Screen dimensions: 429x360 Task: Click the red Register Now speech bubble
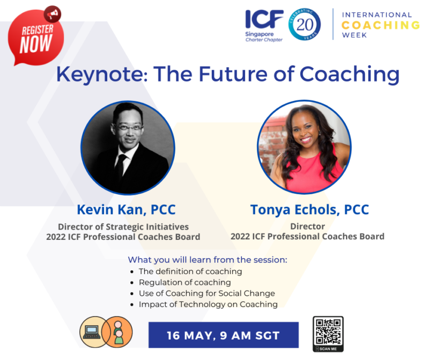pyautogui.click(x=35, y=38)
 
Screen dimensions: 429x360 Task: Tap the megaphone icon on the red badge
pyautogui.click(x=53, y=14)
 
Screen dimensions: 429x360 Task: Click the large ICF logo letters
pyautogui.click(x=264, y=19)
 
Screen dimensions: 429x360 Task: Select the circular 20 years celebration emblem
pyautogui.click(x=305, y=24)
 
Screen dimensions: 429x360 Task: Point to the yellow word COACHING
pyautogui.click(x=381, y=25)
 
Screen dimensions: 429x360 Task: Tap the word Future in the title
pyautogui.click(x=233, y=74)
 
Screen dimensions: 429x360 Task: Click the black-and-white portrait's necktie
pyautogui.click(x=120, y=167)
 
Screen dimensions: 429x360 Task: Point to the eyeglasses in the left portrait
pyautogui.click(x=129, y=128)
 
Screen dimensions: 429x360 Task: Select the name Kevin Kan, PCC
pyautogui.click(x=126, y=210)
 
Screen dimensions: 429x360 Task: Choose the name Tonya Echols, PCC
pyautogui.click(x=310, y=210)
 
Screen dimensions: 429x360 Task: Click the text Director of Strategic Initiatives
pyautogui.click(x=123, y=227)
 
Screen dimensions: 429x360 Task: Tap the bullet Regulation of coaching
pyautogui.click(x=184, y=282)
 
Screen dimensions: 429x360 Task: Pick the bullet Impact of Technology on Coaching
pyautogui.click(x=208, y=304)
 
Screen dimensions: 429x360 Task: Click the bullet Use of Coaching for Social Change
pyautogui.click(x=207, y=293)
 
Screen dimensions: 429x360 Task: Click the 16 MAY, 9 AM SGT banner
pyautogui.click(x=224, y=335)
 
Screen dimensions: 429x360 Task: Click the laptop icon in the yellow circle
pyautogui.click(x=92, y=332)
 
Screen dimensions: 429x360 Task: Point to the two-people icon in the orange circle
pyautogui.click(x=118, y=333)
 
